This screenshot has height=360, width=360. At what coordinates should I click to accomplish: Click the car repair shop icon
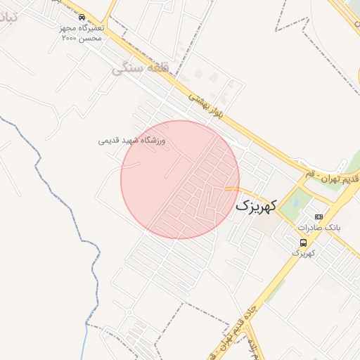click(82, 17)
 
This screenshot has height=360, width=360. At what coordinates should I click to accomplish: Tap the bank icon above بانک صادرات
click(319, 217)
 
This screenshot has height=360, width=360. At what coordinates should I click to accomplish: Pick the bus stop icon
click(303, 242)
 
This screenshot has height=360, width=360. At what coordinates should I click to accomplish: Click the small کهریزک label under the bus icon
click(303, 252)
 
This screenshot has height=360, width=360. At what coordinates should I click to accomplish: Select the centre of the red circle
click(180, 179)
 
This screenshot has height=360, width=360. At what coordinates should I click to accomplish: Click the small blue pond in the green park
click(297, 202)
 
